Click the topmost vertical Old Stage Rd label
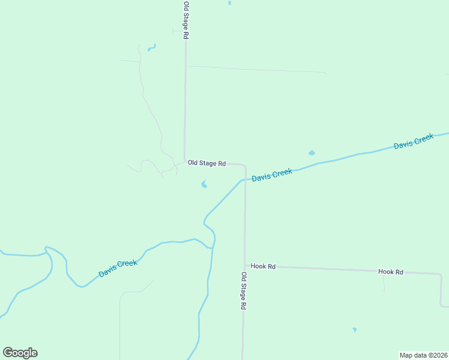186,20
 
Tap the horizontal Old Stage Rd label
206,163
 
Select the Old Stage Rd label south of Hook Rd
244,291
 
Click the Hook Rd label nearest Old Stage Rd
263,266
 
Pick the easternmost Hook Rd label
390,272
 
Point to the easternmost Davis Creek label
414,142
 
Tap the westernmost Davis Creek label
118,268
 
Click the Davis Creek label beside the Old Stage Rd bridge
272,175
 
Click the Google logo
20,353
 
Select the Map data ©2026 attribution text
423,355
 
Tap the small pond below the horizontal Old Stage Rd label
204,185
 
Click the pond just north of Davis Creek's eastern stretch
312,153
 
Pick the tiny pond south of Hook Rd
354,329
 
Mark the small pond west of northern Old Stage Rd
151,47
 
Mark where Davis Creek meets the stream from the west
211,247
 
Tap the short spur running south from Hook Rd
384,282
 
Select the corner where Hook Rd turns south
440,275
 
